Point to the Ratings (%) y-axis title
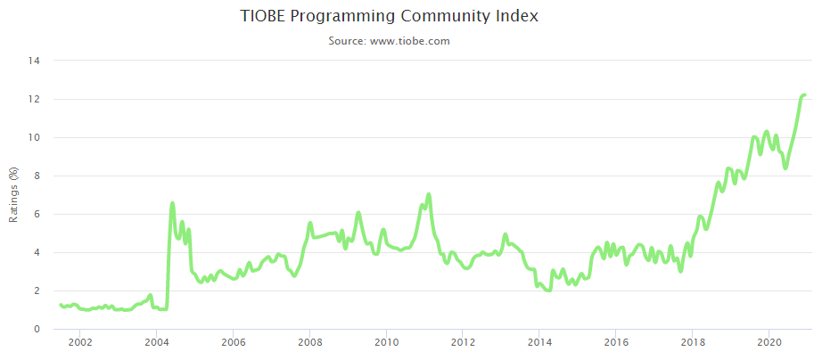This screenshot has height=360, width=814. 13,195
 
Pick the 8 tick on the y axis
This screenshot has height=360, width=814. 37,176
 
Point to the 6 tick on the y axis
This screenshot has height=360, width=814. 37,214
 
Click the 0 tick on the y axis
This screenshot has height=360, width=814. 37,329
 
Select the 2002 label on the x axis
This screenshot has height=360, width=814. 79,342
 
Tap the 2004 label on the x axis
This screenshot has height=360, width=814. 156,342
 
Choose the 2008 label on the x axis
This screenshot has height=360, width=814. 309,342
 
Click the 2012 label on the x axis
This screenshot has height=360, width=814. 463,342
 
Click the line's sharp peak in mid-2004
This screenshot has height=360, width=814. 172,203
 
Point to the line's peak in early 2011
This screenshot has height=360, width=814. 429,194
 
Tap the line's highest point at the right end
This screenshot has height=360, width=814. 803,94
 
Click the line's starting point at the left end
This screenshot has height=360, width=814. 61,305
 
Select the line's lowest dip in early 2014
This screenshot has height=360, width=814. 548,290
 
